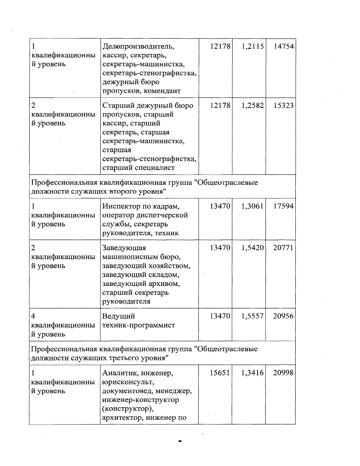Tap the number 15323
283,106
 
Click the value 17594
283,206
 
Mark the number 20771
283,248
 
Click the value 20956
283,316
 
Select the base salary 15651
220,373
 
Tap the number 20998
283,373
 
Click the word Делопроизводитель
138,47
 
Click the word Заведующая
124,248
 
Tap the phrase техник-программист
139,325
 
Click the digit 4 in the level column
34,316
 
